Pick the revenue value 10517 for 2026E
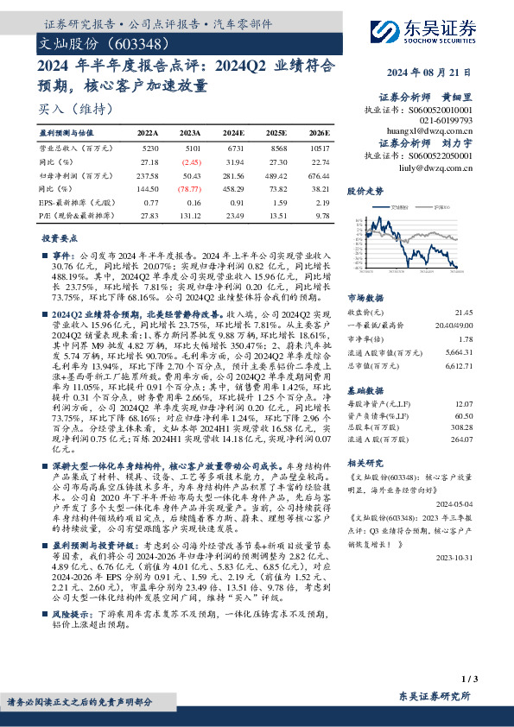tap(319, 149)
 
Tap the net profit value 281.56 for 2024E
tap(234, 174)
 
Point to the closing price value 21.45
tap(463, 311)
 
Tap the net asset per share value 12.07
tap(463, 404)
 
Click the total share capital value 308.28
tap(461, 427)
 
